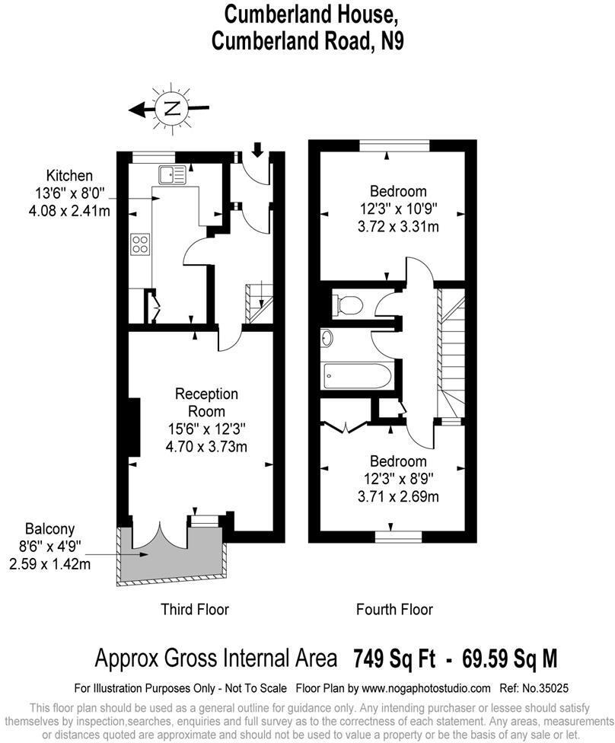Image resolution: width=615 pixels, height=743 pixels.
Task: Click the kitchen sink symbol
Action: [x=171, y=174]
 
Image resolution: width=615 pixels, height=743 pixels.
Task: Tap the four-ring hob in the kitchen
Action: [x=141, y=244]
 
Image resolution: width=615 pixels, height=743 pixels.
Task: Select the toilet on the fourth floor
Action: [x=348, y=305]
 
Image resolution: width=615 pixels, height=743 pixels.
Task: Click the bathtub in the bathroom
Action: [x=358, y=375]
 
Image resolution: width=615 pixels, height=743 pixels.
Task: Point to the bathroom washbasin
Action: [x=328, y=337]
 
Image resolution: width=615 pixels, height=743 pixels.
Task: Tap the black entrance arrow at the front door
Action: [x=257, y=149]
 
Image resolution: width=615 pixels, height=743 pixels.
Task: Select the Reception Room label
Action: [x=207, y=403]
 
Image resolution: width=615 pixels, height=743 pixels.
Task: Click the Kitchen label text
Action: [x=69, y=176]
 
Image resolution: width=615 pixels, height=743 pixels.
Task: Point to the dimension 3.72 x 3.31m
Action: [x=398, y=226]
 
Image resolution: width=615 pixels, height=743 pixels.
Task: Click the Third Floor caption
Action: [x=194, y=609]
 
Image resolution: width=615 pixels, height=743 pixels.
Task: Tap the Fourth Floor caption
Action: [x=394, y=609]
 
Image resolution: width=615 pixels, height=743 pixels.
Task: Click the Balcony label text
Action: [x=49, y=528]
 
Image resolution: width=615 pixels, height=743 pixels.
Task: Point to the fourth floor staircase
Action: [x=451, y=350]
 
